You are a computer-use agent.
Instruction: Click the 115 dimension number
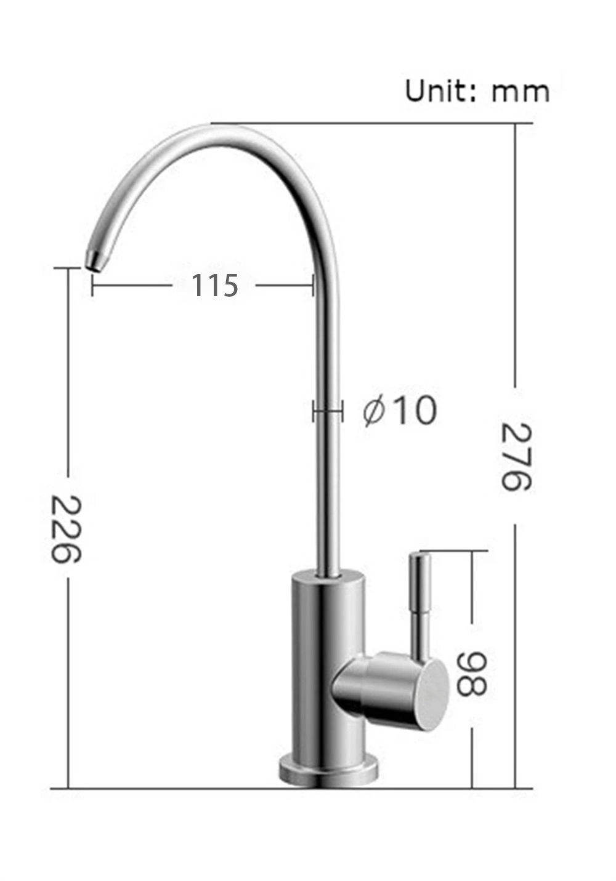coord(214,286)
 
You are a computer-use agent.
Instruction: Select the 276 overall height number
coord(515,456)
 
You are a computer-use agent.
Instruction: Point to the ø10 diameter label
coord(400,411)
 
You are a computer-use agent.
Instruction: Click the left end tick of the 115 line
coord(92,286)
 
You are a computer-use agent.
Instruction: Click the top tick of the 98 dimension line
coord(472,552)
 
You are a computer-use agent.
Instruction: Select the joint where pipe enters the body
coord(328,576)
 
